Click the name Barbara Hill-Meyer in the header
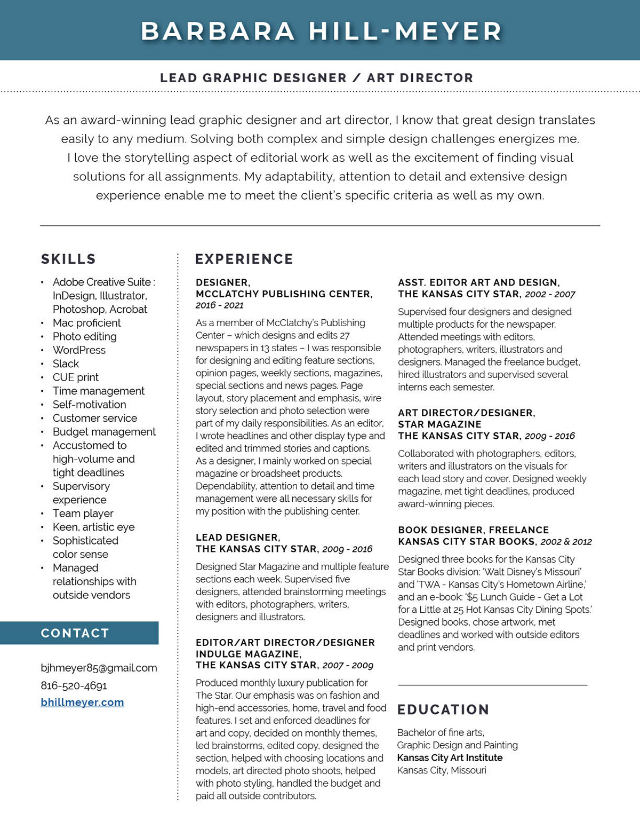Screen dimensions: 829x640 coord(321,31)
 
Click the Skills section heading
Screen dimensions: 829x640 coord(68,259)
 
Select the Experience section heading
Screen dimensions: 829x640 coord(244,259)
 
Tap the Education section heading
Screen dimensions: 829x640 coord(443,709)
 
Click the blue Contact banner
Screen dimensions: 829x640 coord(79,633)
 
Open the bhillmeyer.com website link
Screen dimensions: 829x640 coord(82,702)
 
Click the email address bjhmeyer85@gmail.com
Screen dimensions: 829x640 coord(99,668)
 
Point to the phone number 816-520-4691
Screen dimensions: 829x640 coord(74,685)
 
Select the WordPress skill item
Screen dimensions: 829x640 coord(79,350)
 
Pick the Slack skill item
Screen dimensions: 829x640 coord(66,364)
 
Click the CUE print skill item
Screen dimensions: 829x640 coord(75,377)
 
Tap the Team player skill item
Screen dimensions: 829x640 coord(83,514)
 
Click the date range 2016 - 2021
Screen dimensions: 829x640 coord(219,305)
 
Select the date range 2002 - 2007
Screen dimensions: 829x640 coord(550,294)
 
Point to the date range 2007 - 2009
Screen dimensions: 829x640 coord(348,665)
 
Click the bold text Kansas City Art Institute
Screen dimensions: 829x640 coord(450,757)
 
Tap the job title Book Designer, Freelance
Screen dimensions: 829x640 coord(473,530)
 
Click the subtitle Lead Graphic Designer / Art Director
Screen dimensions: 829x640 coord(316,78)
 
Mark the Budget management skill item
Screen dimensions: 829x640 coord(104,432)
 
